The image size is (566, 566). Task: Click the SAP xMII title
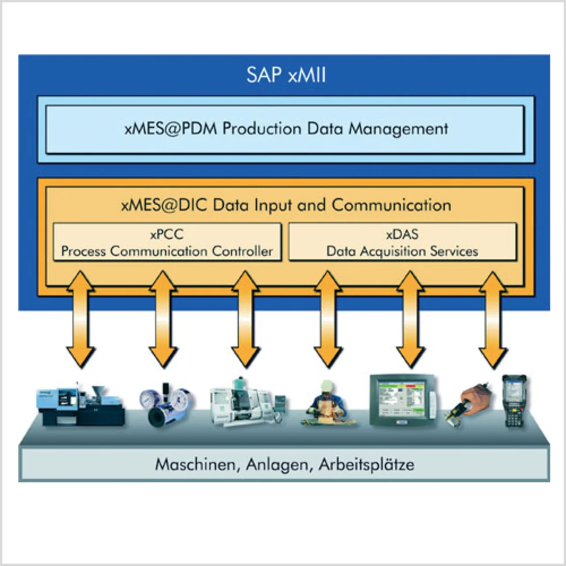click(286, 75)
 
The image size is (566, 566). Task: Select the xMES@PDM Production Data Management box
click(285, 129)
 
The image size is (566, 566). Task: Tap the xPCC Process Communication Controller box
click(167, 242)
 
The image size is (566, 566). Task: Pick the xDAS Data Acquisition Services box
click(402, 242)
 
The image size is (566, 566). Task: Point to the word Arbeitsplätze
click(367, 465)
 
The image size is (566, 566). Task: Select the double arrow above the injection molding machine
click(80, 319)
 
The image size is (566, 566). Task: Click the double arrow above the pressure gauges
click(163, 319)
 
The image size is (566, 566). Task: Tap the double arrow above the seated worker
click(328, 319)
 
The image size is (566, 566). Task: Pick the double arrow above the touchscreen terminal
click(410, 319)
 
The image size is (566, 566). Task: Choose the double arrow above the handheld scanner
click(493, 319)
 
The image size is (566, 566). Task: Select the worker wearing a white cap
click(327, 403)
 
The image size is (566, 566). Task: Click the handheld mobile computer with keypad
click(514, 402)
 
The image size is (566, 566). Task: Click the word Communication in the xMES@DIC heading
click(391, 205)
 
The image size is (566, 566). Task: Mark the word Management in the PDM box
click(398, 129)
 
